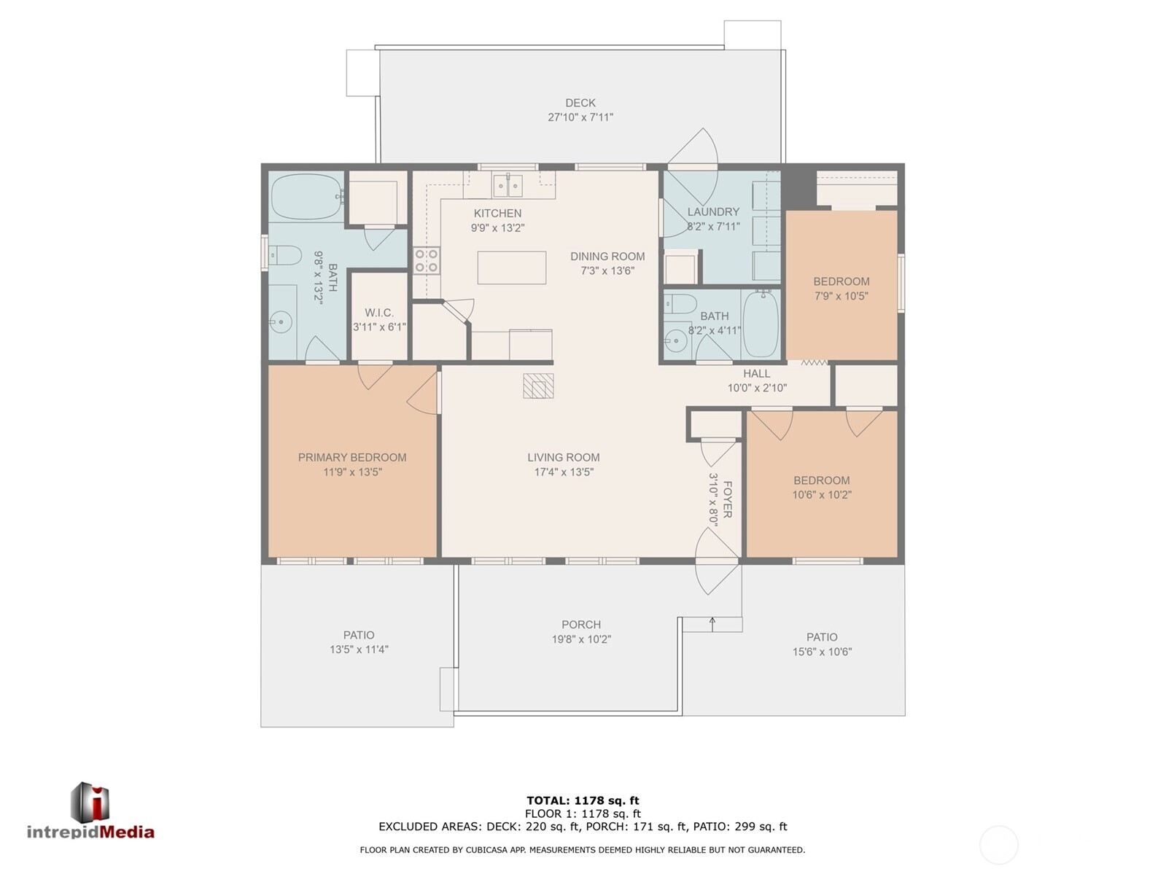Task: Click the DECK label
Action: [x=580, y=103]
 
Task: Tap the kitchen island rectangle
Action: [x=511, y=268]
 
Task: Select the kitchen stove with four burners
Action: [x=427, y=260]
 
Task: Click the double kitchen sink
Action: [x=508, y=185]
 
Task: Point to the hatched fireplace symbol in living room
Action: [x=538, y=386]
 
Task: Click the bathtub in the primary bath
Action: [x=306, y=197]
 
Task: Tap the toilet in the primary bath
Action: [x=285, y=255]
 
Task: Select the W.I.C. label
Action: [x=379, y=313]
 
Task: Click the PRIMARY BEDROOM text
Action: [x=352, y=457]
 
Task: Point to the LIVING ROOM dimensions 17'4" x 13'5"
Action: [x=564, y=472]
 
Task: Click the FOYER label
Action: [x=727, y=499]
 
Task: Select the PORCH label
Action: [x=581, y=625]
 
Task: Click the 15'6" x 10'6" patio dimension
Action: [x=822, y=652]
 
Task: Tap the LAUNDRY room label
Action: [x=713, y=212]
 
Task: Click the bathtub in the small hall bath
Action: [x=761, y=324]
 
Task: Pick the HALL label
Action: [x=757, y=373]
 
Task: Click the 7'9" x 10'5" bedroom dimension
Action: [x=841, y=296]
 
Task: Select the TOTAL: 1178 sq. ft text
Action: [x=583, y=800]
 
